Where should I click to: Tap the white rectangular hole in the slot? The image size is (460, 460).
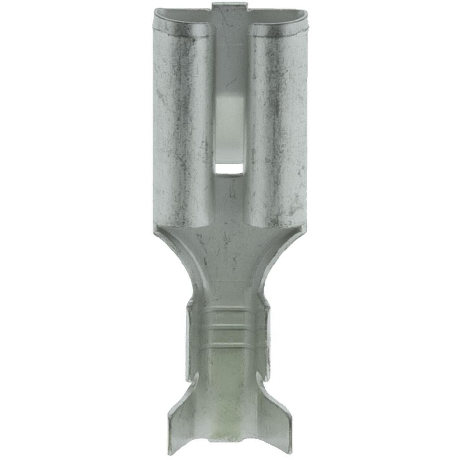pyautogui.click(x=229, y=168)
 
